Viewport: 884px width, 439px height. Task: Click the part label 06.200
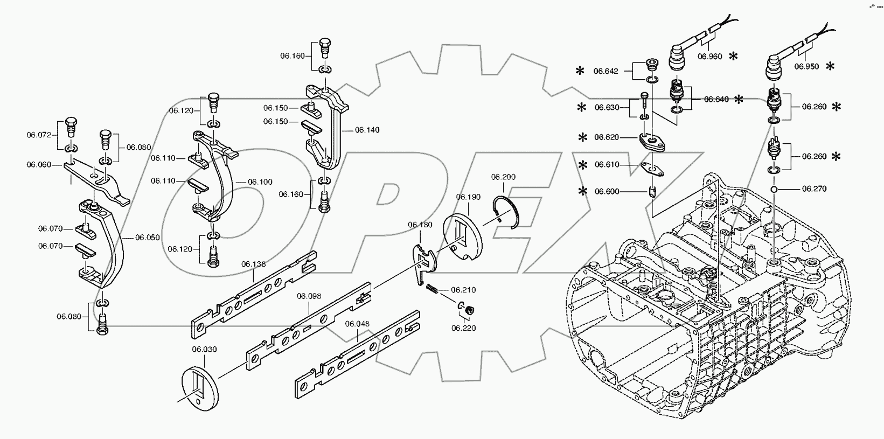503,177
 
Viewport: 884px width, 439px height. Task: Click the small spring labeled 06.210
431,290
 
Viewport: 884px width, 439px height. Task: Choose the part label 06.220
464,327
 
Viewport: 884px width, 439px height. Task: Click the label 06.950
806,67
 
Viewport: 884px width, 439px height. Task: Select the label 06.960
709,56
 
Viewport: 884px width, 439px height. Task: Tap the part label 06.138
253,264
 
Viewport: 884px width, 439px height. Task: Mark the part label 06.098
309,296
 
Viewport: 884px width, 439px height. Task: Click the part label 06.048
357,324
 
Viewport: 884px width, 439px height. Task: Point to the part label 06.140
367,130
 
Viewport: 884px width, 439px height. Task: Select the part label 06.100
260,182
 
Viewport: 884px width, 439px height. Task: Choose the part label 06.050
147,237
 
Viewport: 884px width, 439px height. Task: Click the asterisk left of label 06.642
580,71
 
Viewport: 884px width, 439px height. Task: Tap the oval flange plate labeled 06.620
651,141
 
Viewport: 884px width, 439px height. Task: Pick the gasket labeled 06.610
652,168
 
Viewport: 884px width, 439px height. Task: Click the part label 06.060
39,164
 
